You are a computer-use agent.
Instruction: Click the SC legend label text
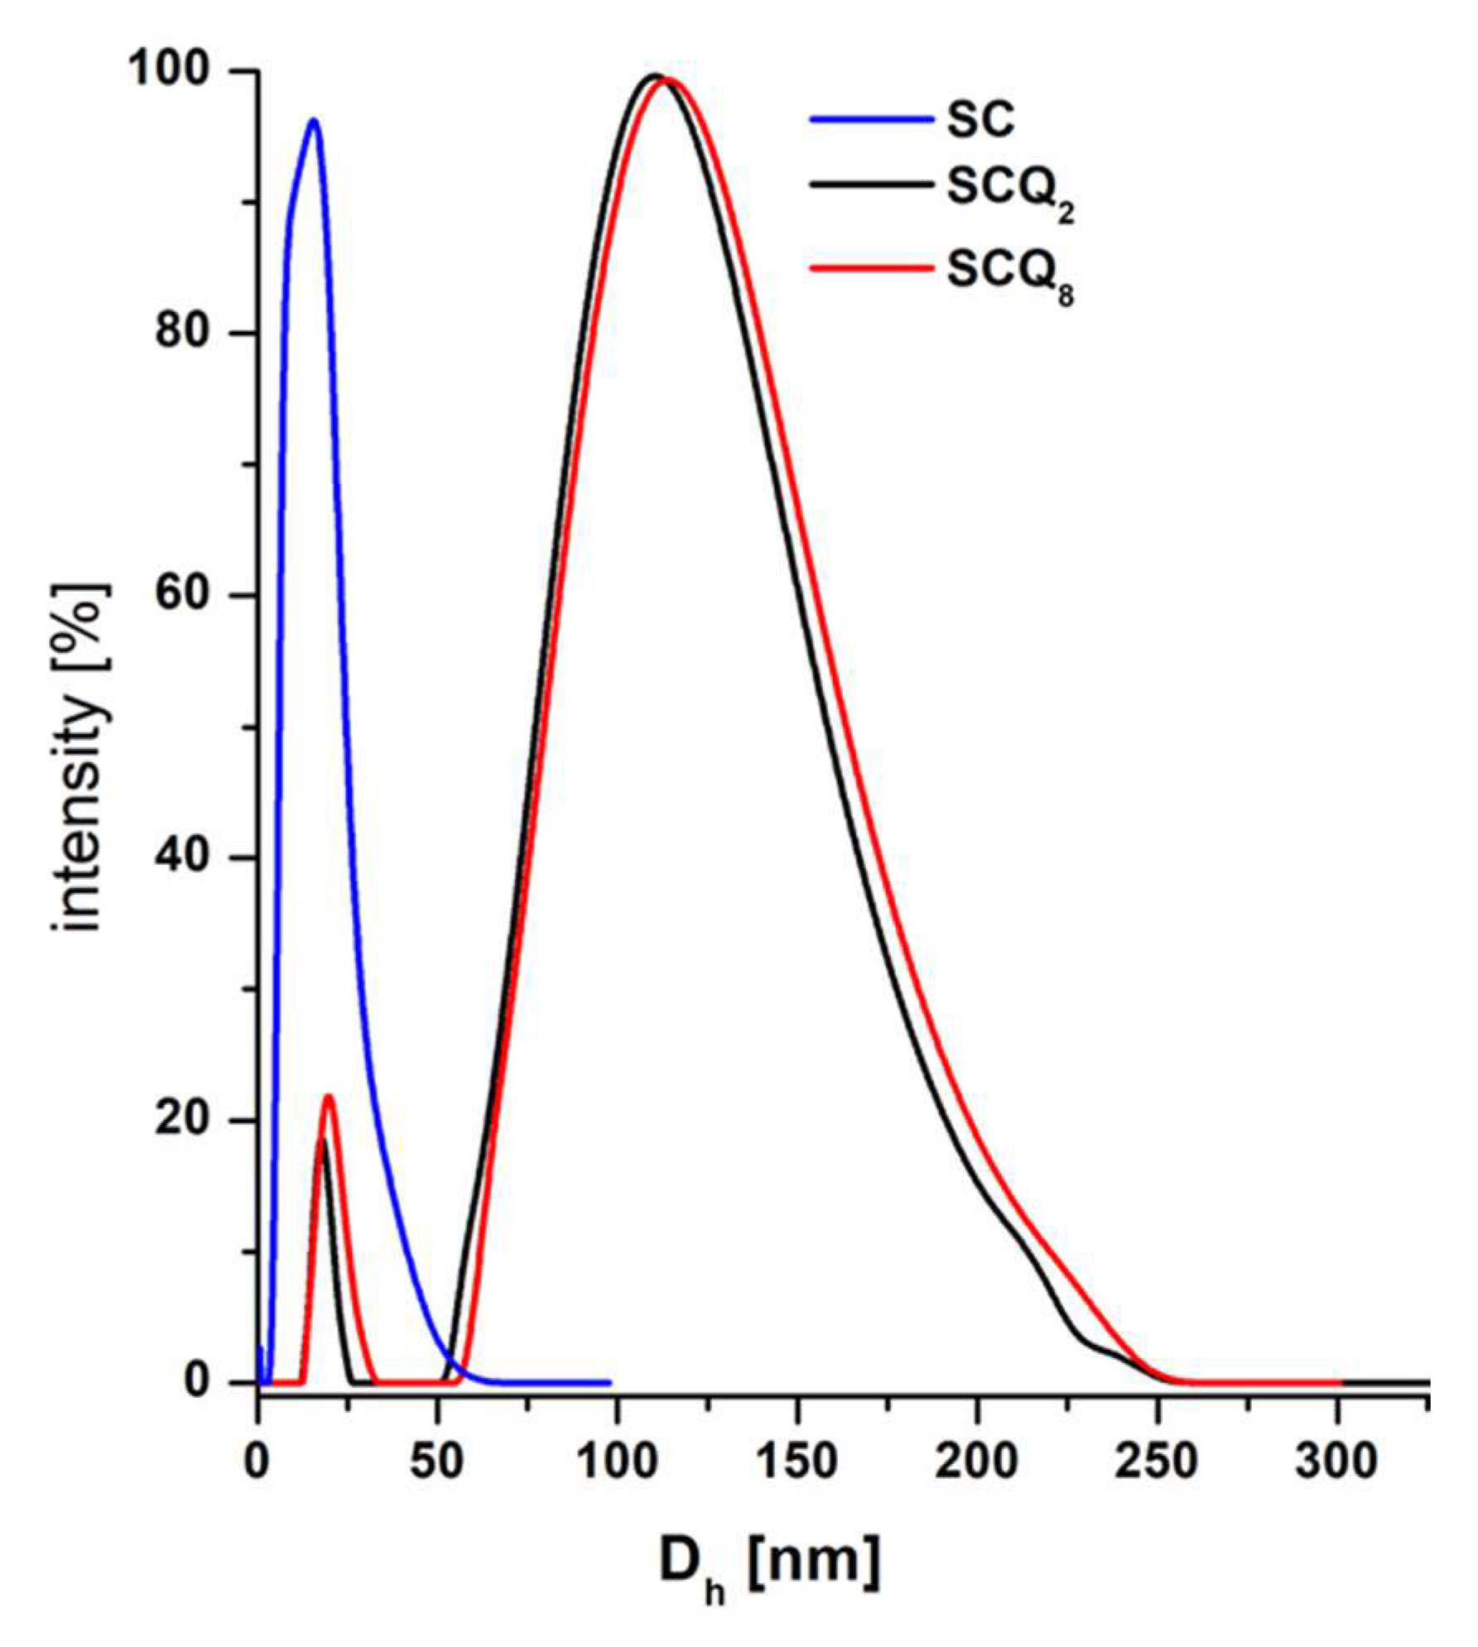coord(980,120)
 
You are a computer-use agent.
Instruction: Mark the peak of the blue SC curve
coord(313,120)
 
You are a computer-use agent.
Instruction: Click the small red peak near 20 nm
coord(329,1097)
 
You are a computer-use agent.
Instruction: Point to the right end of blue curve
coord(609,1383)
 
